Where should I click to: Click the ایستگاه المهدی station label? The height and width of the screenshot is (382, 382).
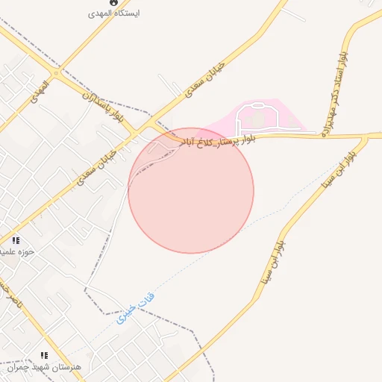coord(113,13)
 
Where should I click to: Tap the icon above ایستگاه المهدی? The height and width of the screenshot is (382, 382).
coord(113,2)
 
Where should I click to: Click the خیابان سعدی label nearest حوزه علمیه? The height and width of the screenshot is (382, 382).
coord(95,162)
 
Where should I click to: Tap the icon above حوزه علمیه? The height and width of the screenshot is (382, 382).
coord(16,240)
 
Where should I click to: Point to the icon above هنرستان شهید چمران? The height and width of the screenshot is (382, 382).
coord(44,356)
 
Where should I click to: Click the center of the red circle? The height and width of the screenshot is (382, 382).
coord(191,190)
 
